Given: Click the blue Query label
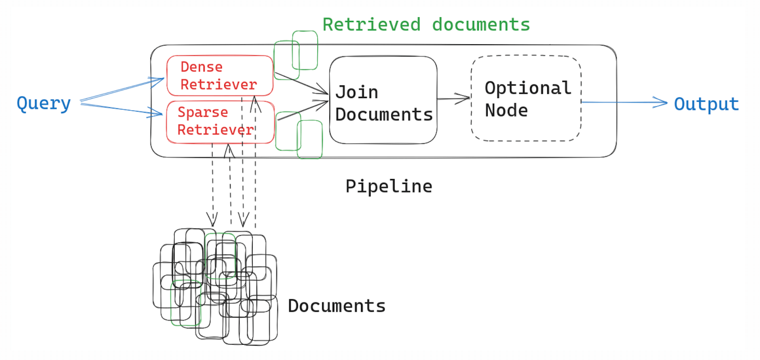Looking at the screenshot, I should tap(44, 103).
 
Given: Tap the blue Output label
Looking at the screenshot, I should tap(706, 104).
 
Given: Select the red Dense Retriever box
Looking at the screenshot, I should tap(220, 76).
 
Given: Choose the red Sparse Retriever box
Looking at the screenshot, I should tap(220, 122).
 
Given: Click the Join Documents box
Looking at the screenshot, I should tap(383, 100).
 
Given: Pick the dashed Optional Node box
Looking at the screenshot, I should tap(526, 98).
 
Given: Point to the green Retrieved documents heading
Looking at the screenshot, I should tap(426, 25).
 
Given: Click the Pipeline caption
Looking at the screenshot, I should tap(389, 186).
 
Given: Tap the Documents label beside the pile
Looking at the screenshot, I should tap(336, 306).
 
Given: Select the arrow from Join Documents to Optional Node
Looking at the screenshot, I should tap(453, 99).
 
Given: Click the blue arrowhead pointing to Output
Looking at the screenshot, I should tap(661, 102).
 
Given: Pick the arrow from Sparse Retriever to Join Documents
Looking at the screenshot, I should tap(303, 110).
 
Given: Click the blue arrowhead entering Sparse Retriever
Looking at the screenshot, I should tap(156, 113).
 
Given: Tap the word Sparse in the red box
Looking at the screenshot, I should tap(202, 112).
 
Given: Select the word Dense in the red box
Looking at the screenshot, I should tap(201, 67).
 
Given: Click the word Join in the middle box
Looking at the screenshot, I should tap(357, 92).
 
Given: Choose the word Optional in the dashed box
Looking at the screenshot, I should tap(528, 88).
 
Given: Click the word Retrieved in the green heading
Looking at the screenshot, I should tap(371, 25).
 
